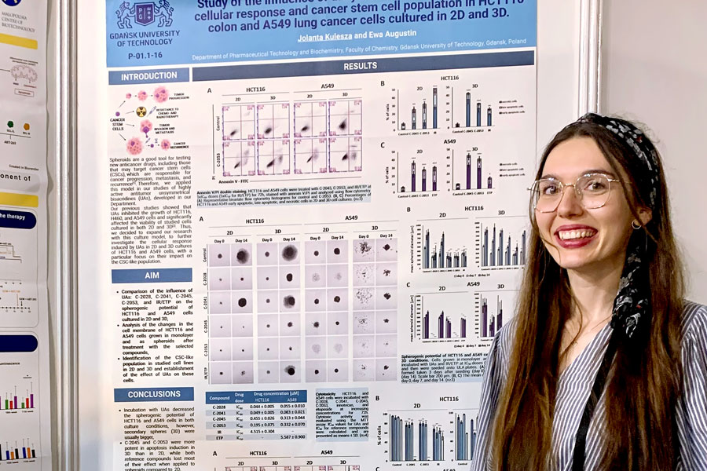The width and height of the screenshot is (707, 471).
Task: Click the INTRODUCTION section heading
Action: tap(148, 77)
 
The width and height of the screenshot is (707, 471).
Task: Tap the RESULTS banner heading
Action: tap(361, 67)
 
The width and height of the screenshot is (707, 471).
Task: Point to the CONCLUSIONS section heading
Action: tap(153, 394)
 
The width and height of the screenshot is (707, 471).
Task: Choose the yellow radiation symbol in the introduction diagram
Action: tap(142, 111)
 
